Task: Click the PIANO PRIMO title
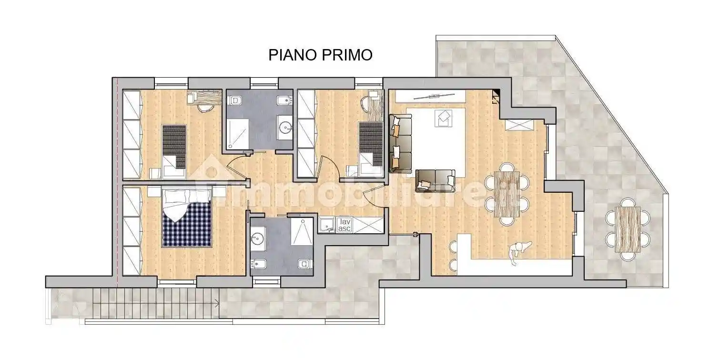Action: click(x=320, y=55)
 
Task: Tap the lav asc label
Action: click(x=344, y=225)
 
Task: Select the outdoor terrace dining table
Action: click(x=628, y=229)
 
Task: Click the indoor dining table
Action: click(x=507, y=194)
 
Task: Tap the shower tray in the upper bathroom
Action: click(x=238, y=133)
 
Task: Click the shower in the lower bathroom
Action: click(x=302, y=231)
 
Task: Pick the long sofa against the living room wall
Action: click(x=400, y=143)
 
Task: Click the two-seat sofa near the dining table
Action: click(x=435, y=180)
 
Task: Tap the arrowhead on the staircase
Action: click(x=217, y=304)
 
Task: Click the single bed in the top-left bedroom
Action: click(x=174, y=151)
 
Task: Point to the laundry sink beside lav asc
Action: click(x=326, y=225)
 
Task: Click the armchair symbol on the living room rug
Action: click(x=444, y=118)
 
